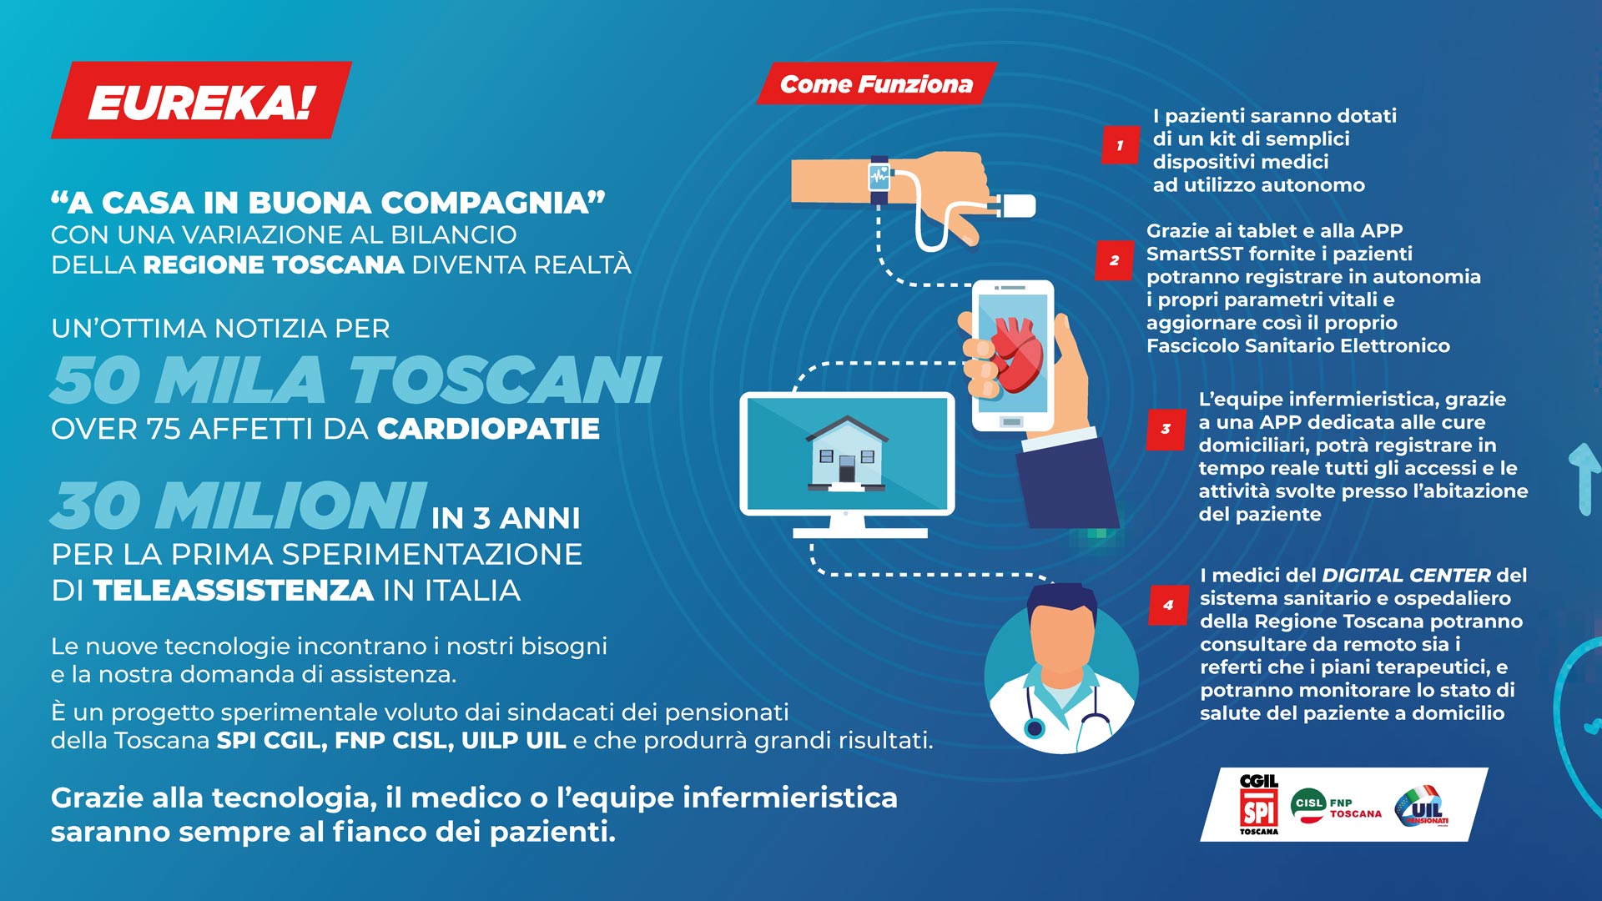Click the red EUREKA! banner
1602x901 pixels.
pyautogui.click(x=201, y=99)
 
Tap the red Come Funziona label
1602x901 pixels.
pyautogui.click(x=876, y=83)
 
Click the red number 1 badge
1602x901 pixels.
pyautogui.click(x=1120, y=145)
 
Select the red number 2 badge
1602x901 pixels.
pyautogui.click(x=1114, y=260)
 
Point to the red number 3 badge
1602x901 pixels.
pyautogui.click(x=1166, y=429)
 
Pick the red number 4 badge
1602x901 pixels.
pyautogui.click(x=1168, y=605)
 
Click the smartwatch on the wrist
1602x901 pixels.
pyautogui.click(x=879, y=179)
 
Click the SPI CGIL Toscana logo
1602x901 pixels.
pyautogui.click(x=1259, y=804)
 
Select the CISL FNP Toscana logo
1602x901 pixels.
pyautogui.click(x=1336, y=806)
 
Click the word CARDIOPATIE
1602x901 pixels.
pyautogui.click(x=488, y=429)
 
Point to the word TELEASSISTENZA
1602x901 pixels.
pyautogui.click(x=233, y=591)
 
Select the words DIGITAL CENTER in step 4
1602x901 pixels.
pyautogui.click(x=1406, y=576)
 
